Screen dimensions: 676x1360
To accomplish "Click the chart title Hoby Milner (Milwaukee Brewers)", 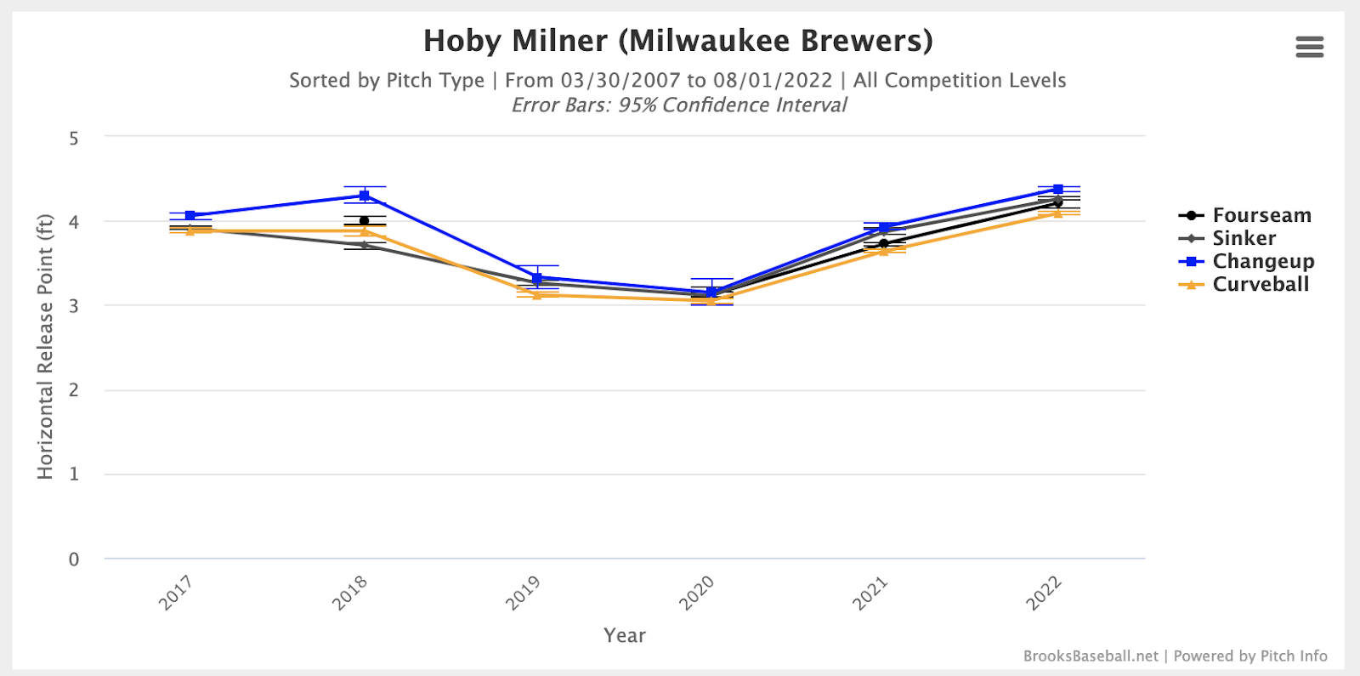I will [x=677, y=41].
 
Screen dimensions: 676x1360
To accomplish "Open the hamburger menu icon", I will [x=1309, y=47].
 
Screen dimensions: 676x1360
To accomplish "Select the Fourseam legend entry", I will [x=1261, y=215].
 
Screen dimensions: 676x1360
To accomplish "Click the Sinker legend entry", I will [x=1244, y=238].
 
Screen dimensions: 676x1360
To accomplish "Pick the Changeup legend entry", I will [x=1262, y=261].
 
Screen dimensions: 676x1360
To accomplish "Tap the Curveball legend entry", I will [x=1260, y=284].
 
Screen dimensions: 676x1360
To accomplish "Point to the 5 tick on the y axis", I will [x=74, y=138].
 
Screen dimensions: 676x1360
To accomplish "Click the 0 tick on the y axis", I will [x=74, y=560].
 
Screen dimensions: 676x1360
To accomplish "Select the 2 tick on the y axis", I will [x=74, y=390].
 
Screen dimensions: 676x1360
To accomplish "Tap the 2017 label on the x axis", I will [x=176, y=593].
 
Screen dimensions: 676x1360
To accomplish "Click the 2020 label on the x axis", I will [x=696, y=593].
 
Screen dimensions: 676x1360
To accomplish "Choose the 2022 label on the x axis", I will [x=1044, y=593].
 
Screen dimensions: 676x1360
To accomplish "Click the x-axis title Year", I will [x=625, y=635].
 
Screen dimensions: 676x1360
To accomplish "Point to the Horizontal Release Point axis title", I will [x=45, y=346].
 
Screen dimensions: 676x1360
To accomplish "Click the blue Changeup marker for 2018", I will [x=364, y=196].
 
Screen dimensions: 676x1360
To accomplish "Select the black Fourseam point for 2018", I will [x=365, y=221].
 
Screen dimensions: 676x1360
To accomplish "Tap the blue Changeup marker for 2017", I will [x=190, y=215].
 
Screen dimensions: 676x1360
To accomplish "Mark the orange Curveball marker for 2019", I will [x=537, y=294].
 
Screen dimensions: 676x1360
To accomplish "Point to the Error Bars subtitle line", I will [x=678, y=105].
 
